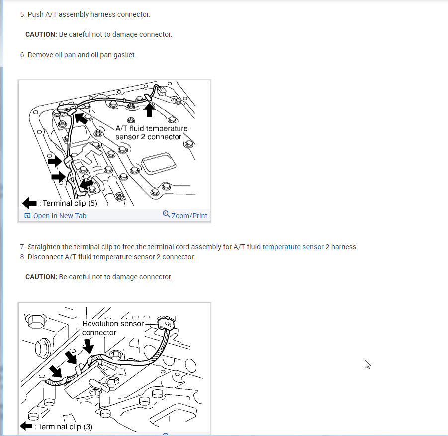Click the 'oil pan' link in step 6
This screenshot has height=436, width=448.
[x=65, y=55]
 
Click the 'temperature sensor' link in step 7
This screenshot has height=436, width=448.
[x=293, y=247]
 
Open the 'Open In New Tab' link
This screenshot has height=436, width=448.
[x=60, y=216]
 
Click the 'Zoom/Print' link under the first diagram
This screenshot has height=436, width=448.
[x=189, y=216]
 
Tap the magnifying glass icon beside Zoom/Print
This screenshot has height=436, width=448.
[x=166, y=214]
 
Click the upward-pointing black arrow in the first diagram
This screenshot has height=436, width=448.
[x=149, y=110]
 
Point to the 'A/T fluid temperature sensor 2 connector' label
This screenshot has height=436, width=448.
[x=152, y=133]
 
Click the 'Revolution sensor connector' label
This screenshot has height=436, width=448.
[x=112, y=328]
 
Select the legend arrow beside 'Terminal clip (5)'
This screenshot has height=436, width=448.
[x=29, y=203]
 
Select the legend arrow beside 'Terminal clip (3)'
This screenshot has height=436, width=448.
[x=26, y=426]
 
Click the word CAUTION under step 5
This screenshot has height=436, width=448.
[x=41, y=34]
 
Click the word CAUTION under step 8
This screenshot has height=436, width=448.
[x=41, y=277]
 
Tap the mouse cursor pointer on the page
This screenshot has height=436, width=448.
[x=367, y=364]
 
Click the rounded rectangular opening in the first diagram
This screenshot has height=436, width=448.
[x=158, y=163]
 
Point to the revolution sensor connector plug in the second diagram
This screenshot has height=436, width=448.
[x=166, y=323]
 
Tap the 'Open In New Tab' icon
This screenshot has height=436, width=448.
[x=27, y=216]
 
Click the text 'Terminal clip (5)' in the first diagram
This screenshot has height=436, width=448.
[x=70, y=203]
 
